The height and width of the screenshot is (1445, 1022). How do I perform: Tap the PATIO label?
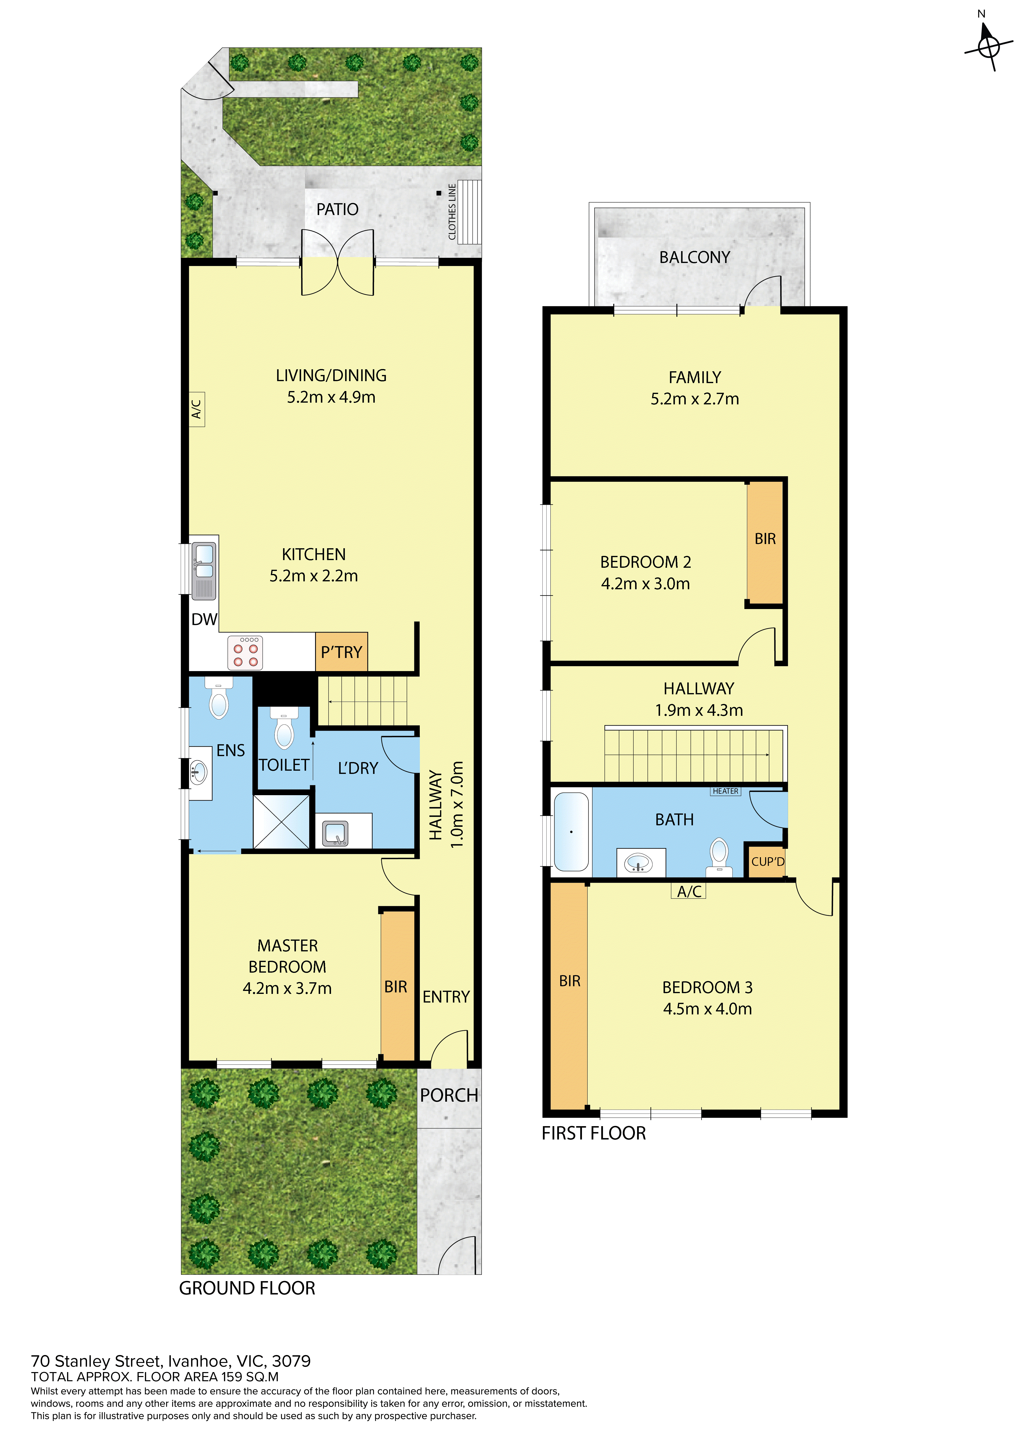pyautogui.click(x=337, y=210)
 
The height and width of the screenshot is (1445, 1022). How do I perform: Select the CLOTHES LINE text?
pyautogui.click(x=452, y=212)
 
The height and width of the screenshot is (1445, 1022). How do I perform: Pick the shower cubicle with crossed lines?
pyautogui.click(x=281, y=822)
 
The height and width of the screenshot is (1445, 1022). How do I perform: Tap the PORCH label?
pyautogui.click(x=449, y=1096)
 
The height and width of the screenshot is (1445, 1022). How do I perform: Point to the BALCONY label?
pyautogui.click(x=695, y=257)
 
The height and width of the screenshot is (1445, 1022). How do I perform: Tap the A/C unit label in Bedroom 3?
pyautogui.click(x=689, y=891)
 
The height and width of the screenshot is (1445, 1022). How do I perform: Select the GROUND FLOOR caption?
pyautogui.click(x=247, y=1288)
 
